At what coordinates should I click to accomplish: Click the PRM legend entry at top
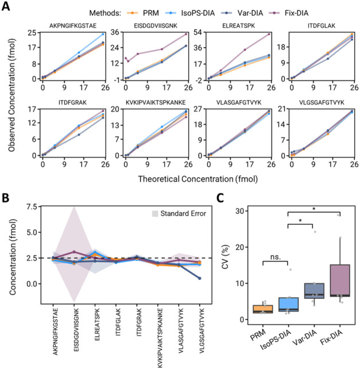143,13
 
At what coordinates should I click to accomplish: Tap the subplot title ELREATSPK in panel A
239,26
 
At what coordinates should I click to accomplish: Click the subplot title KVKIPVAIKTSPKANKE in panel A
156,103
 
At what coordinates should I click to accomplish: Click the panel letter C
220,198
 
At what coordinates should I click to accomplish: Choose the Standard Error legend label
183,213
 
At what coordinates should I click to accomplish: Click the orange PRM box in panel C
263,309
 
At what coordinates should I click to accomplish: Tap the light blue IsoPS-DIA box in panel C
289,305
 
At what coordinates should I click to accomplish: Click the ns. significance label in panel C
276,257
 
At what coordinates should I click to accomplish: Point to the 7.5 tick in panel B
32,206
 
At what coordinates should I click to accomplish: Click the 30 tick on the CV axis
240,211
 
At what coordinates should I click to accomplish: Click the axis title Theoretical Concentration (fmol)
198,179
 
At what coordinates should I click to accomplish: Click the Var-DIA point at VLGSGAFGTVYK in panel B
200,278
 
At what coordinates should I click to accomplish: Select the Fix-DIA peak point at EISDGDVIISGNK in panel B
74,252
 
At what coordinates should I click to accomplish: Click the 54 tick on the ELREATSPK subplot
198,32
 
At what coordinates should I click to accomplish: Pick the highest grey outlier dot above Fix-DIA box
338,215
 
